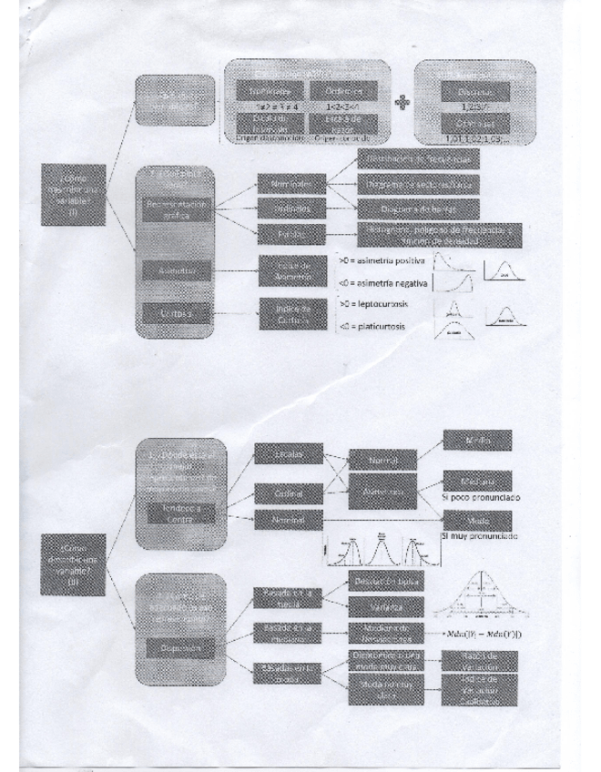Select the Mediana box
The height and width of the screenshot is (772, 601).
pos(477,481)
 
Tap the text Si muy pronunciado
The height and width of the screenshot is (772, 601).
pos(479,536)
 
